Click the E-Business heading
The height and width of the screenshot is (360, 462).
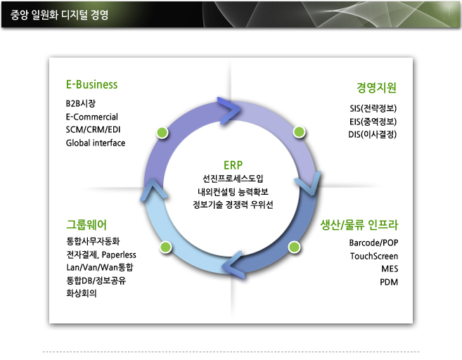click(x=91, y=84)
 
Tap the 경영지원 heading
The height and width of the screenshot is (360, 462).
click(x=376, y=87)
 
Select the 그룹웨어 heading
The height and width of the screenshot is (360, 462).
click(x=86, y=225)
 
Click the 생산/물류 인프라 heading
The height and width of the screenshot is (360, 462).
click(x=359, y=225)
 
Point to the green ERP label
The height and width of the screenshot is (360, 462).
click(x=233, y=165)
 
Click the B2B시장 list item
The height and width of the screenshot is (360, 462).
click(x=80, y=103)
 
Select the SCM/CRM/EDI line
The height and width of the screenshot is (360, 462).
click(x=93, y=129)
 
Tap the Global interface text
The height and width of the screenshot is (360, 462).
click(x=96, y=143)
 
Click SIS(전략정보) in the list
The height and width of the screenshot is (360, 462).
click(x=373, y=108)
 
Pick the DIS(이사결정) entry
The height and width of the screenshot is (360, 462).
click(x=373, y=134)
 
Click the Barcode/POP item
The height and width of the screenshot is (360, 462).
click(x=373, y=243)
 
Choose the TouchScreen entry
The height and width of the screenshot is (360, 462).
click(x=374, y=256)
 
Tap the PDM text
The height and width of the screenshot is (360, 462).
click(x=389, y=282)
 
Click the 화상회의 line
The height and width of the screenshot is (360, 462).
click(x=82, y=293)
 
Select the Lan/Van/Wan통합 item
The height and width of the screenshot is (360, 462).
click(x=100, y=267)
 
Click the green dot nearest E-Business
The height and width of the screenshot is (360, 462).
click(x=162, y=133)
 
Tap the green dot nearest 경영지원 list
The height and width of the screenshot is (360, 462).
click(x=299, y=132)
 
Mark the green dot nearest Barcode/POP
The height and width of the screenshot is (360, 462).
click(x=294, y=247)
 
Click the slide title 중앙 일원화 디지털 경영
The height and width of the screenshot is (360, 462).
click(x=60, y=15)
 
